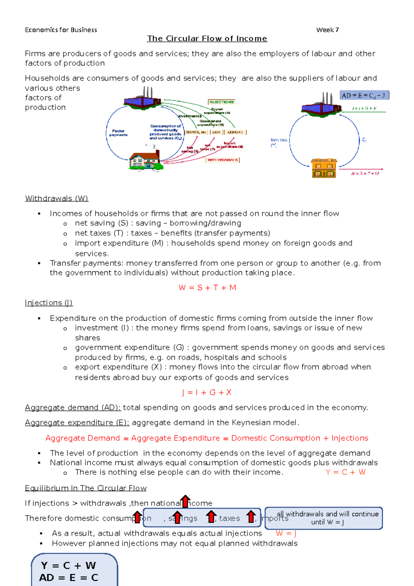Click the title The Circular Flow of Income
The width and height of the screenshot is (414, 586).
click(207, 39)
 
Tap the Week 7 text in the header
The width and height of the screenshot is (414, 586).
click(327, 30)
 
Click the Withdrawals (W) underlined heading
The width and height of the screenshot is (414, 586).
click(57, 198)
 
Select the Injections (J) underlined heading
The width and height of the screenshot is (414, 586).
click(49, 303)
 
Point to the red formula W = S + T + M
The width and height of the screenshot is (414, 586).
click(207, 287)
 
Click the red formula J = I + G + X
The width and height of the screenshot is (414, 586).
click(207, 392)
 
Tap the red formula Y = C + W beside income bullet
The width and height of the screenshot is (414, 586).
click(345, 472)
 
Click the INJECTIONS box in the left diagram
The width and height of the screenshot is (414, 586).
click(221, 102)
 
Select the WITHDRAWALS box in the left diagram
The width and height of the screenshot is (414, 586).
click(223, 160)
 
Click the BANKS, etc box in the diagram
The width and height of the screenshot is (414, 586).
click(196, 132)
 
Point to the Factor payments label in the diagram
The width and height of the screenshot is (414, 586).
click(118, 133)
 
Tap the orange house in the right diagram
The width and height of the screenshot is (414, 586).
click(324, 168)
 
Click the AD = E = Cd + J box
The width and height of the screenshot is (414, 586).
click(364, 95)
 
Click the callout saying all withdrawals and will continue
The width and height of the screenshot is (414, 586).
click(324, 518)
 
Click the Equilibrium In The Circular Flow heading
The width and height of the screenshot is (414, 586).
click(86, 488)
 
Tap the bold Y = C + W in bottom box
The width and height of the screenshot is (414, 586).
click(68, 565)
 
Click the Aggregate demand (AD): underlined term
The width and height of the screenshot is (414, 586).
click(73, 408)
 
